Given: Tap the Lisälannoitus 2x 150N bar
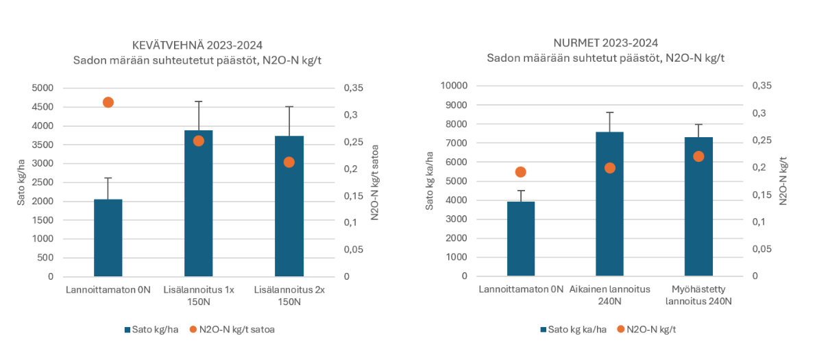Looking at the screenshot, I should tap(289, 206).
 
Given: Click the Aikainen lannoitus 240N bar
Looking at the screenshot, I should tap(610, 219).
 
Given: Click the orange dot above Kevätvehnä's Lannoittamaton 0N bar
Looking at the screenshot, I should tap(108, 102).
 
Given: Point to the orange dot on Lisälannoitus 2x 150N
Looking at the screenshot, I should tap(289, 162).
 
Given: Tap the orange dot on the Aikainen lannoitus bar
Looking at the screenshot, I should tap(610, 168).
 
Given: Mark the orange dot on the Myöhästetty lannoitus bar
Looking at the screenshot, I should tap(698, 156).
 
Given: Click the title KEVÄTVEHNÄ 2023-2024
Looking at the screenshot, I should tap(197, 46).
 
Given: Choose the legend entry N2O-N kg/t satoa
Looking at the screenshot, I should tap(236, 330).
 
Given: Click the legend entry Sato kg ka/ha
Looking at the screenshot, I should tap(573, 329).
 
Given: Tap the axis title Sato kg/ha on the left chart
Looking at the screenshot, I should tap(21, 182).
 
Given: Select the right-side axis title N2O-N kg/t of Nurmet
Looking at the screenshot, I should tap(783, 181).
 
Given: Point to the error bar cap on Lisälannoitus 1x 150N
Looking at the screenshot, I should tap(199, 101).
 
